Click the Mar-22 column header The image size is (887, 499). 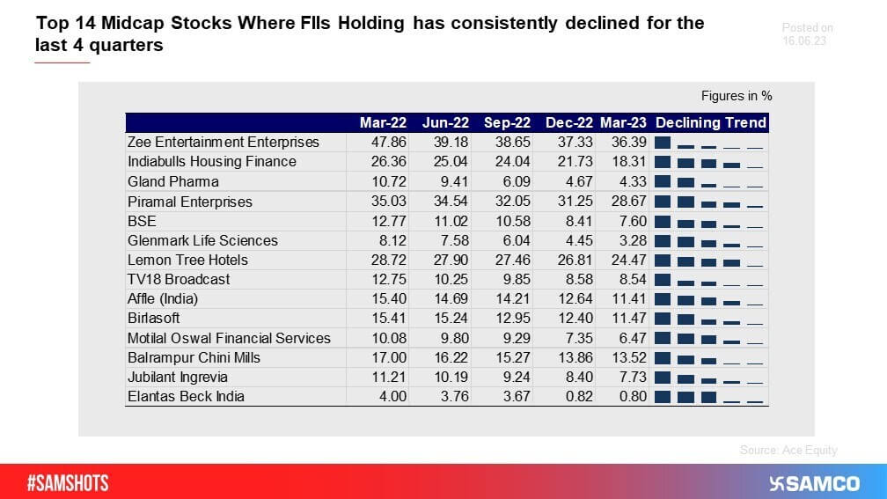383,122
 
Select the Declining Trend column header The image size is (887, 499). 711,122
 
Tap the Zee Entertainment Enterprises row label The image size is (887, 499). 224,142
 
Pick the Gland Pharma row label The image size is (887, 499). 173,181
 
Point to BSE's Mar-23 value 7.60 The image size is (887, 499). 633,221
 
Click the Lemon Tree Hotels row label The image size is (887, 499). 187,260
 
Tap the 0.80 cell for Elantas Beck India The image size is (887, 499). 633,396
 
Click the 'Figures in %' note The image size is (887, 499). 736,96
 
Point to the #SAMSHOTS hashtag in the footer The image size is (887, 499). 68,483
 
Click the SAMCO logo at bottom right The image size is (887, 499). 813,483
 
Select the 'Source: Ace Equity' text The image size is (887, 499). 788,450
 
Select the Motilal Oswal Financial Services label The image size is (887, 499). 229,338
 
